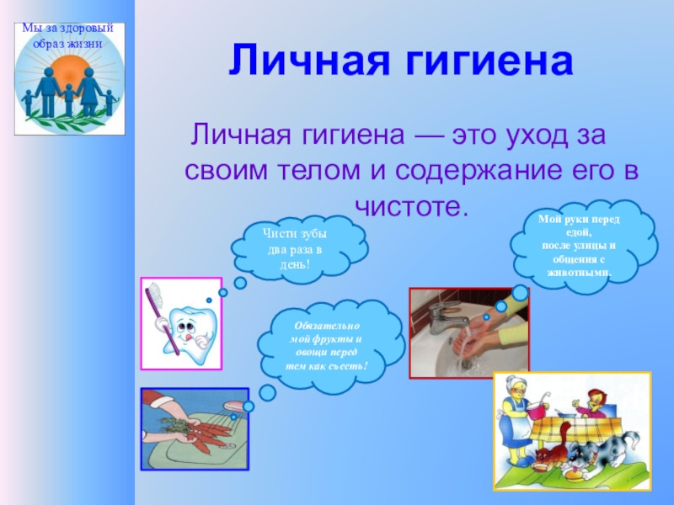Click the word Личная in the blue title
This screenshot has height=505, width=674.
click(309, 60)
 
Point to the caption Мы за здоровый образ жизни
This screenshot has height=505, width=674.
click(68, 36)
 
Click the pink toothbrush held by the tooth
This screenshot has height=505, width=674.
click(162, 317)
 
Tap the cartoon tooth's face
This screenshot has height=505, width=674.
click(189, 331)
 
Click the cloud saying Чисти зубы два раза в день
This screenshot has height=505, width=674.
click(299, 249)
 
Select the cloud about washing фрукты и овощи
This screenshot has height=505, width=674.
click(331, 346)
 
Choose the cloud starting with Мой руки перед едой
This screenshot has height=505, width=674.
click(584, 246)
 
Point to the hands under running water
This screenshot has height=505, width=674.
click(471, 336)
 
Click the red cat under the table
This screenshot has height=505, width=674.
click(549, 450)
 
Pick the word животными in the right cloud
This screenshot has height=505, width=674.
click(579, 273)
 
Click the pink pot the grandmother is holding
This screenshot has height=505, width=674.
click(539, 410)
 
